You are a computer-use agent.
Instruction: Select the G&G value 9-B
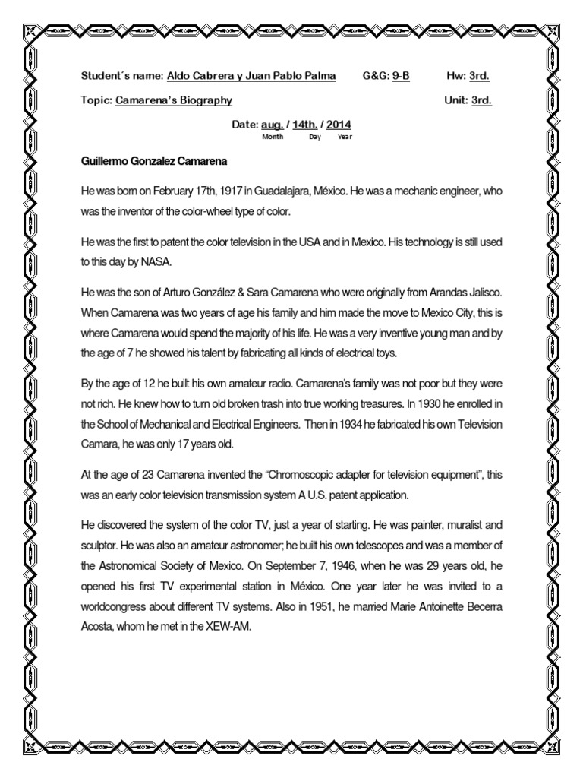(401, 77)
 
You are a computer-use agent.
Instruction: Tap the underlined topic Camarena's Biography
(174, 100)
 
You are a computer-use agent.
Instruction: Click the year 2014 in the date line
(339, 125)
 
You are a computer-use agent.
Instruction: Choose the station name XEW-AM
(221, 625)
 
